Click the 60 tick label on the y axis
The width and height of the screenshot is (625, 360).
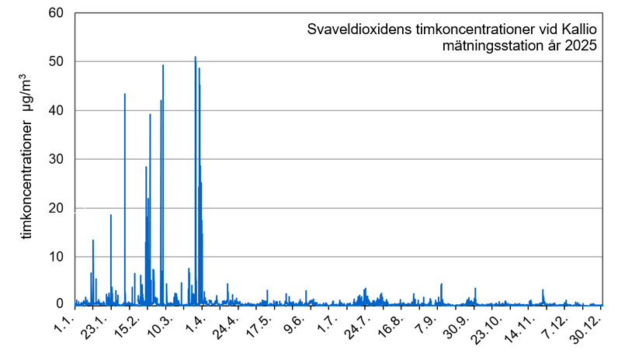(58, 13)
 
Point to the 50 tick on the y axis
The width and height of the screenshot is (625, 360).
(58, 62)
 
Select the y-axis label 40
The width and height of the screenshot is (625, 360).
(58, 111)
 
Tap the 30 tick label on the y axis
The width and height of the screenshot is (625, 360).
(58, 160)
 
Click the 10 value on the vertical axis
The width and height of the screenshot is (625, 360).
(58, 257)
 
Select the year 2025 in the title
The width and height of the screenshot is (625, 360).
(581, 47)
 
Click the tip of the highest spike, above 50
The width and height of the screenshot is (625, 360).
(195, 57)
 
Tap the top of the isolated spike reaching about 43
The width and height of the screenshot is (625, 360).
(124, 94)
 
